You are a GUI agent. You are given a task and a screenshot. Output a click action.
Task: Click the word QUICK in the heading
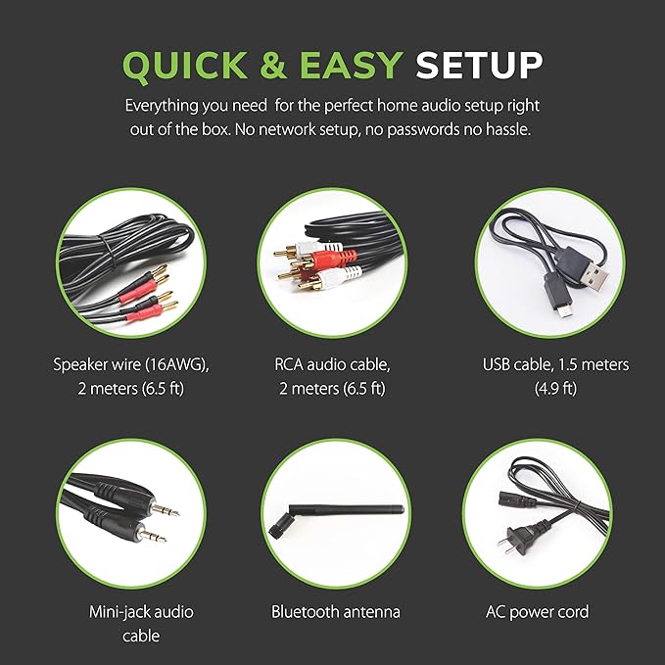coord(184,65)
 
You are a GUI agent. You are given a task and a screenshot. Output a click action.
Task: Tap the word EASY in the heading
coord(352,65)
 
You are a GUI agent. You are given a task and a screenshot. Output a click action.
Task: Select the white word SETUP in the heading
coord(479,65)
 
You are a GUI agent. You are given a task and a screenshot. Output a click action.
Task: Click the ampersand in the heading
coord(273,65)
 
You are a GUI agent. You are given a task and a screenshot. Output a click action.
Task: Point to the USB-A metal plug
coord(594,276)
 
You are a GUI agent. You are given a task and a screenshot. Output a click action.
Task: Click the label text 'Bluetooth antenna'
coord(336,612)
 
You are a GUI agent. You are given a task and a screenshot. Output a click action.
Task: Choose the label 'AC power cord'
coord(538,612)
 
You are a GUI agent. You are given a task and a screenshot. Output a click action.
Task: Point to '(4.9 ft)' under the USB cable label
coord(555,388)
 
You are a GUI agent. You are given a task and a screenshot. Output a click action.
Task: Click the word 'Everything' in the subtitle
coord(162,106)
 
